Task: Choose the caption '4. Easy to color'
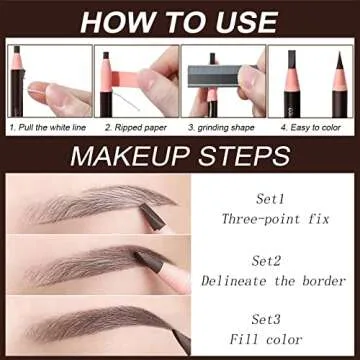(x=312, y=128)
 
